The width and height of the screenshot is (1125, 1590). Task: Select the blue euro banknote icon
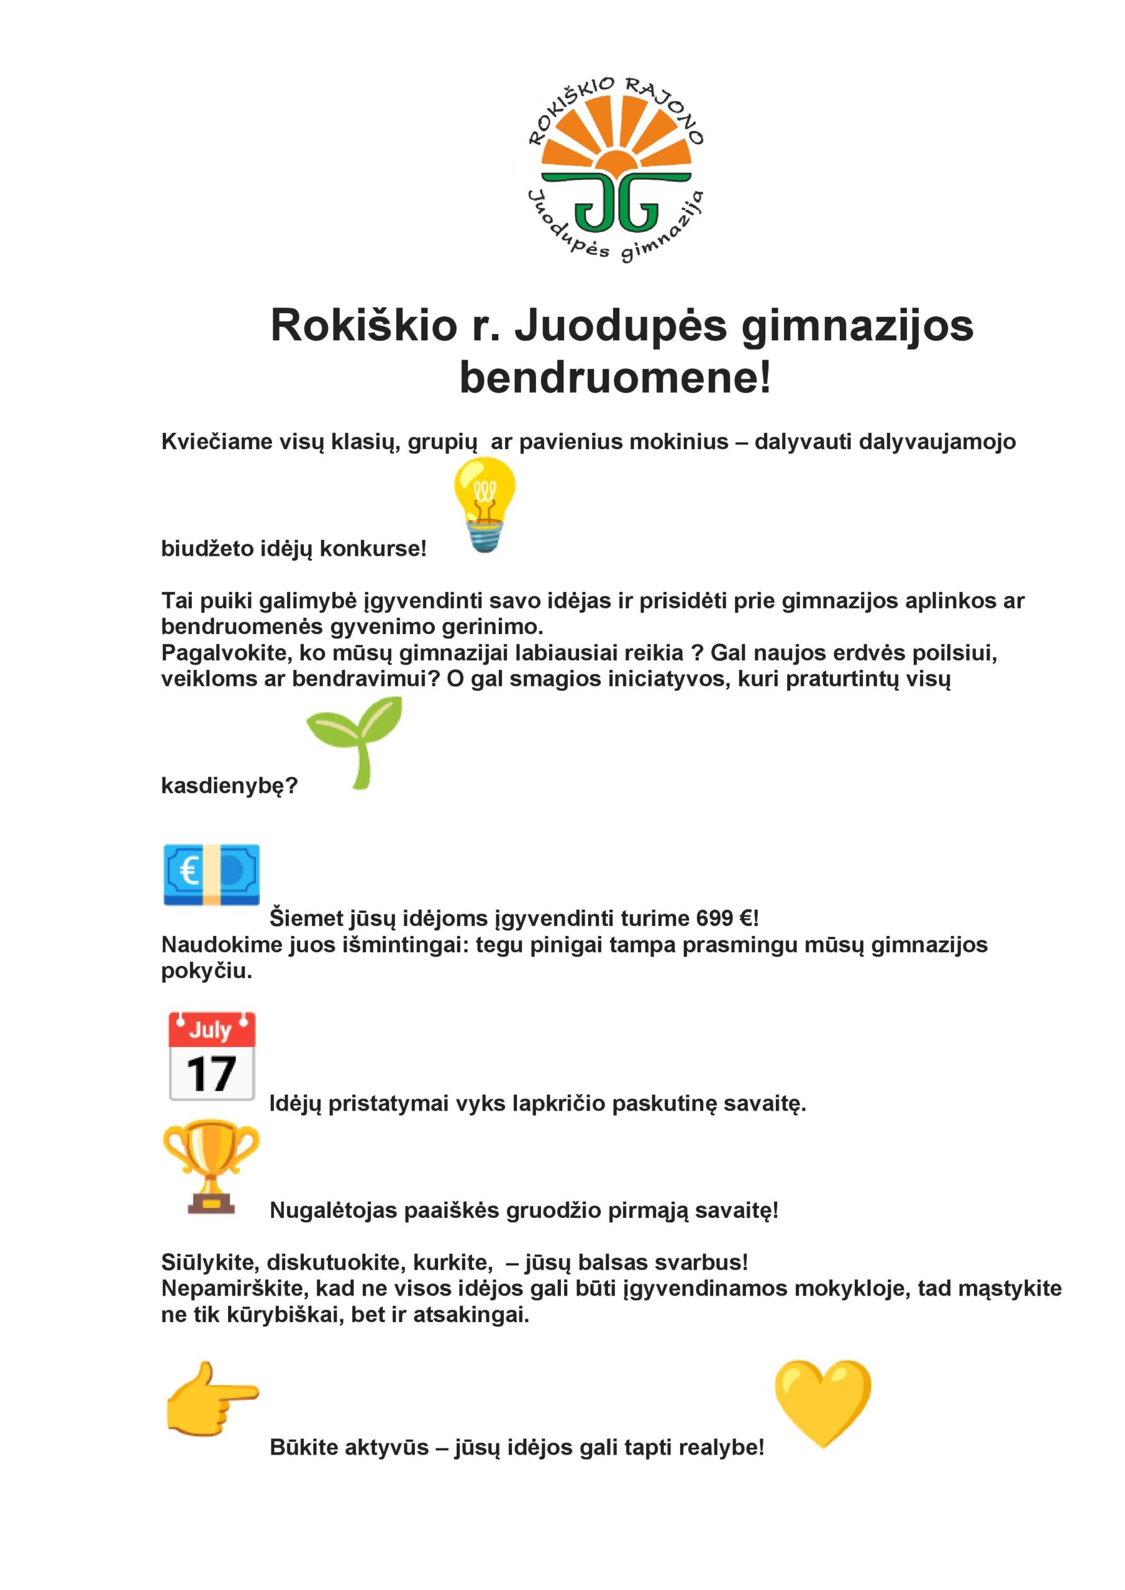[x=211, y=874]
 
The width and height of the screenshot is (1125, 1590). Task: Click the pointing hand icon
[x=212, y=1399]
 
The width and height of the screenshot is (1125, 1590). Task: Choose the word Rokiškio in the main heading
[x=363, y=325]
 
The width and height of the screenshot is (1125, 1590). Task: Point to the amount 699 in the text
[x=714, y=918]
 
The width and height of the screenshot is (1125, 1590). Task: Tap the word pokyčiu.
[x=206, y=971]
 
